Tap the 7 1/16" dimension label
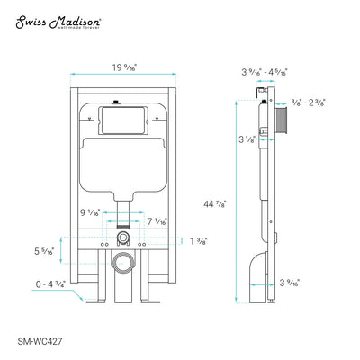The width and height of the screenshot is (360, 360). pyautogui.click(x=155, y=220)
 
